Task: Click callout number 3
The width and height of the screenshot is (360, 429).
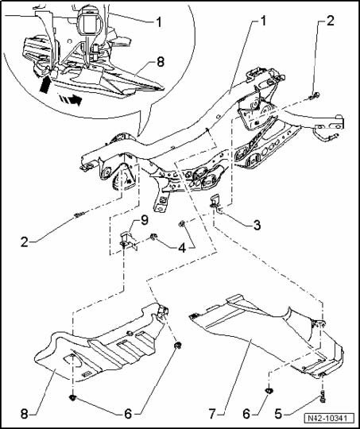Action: tap(257, 226)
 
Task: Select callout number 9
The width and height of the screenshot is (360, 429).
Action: tap(144, 220)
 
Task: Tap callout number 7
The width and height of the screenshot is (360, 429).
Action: tap(212, 414)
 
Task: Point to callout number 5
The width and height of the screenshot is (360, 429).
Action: tap(278, 414)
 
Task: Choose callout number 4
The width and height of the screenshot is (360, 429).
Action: tap(182, 247)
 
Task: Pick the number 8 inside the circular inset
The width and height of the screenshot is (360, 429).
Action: tap(161, 62)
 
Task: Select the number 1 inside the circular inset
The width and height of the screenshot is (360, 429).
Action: tap(159, 22)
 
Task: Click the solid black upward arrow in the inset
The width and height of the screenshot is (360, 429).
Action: tap(46, 84)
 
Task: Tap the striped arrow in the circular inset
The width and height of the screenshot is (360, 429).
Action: tap(72, 99)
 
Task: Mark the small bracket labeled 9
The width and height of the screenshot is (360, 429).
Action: tap(128, 241)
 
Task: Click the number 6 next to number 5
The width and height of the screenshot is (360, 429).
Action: tap(246, 414)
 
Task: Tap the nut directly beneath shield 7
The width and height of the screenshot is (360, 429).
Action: tap(269, 391)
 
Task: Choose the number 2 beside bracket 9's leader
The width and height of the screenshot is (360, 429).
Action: tap(25, 242)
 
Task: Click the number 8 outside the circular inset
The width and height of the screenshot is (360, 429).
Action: tap(25, 414)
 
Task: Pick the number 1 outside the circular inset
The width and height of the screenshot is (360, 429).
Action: tap(263, 21)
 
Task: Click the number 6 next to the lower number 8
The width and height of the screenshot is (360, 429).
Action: tap(128, 414)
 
